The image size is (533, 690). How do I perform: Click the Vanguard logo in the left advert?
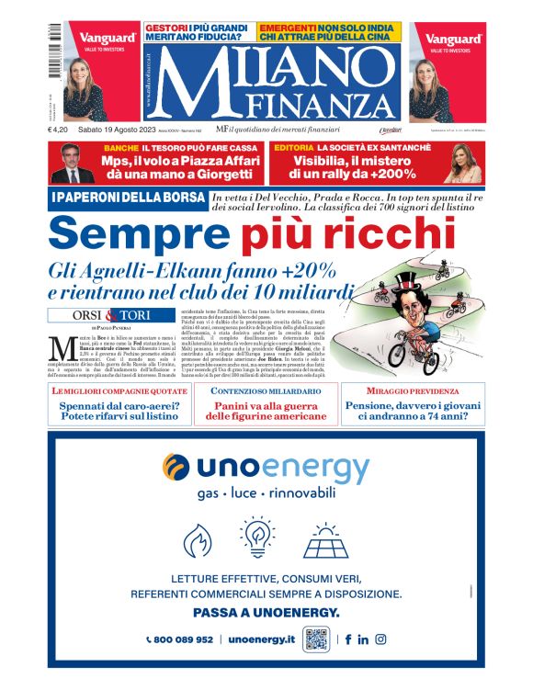tap(101, 39)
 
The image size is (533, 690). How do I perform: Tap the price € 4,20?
tap(60, 130)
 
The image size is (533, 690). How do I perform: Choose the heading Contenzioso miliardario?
tap(266, 391)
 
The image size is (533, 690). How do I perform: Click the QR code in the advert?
tap(316, 639)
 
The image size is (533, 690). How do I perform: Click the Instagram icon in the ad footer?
tap(380, 639)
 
